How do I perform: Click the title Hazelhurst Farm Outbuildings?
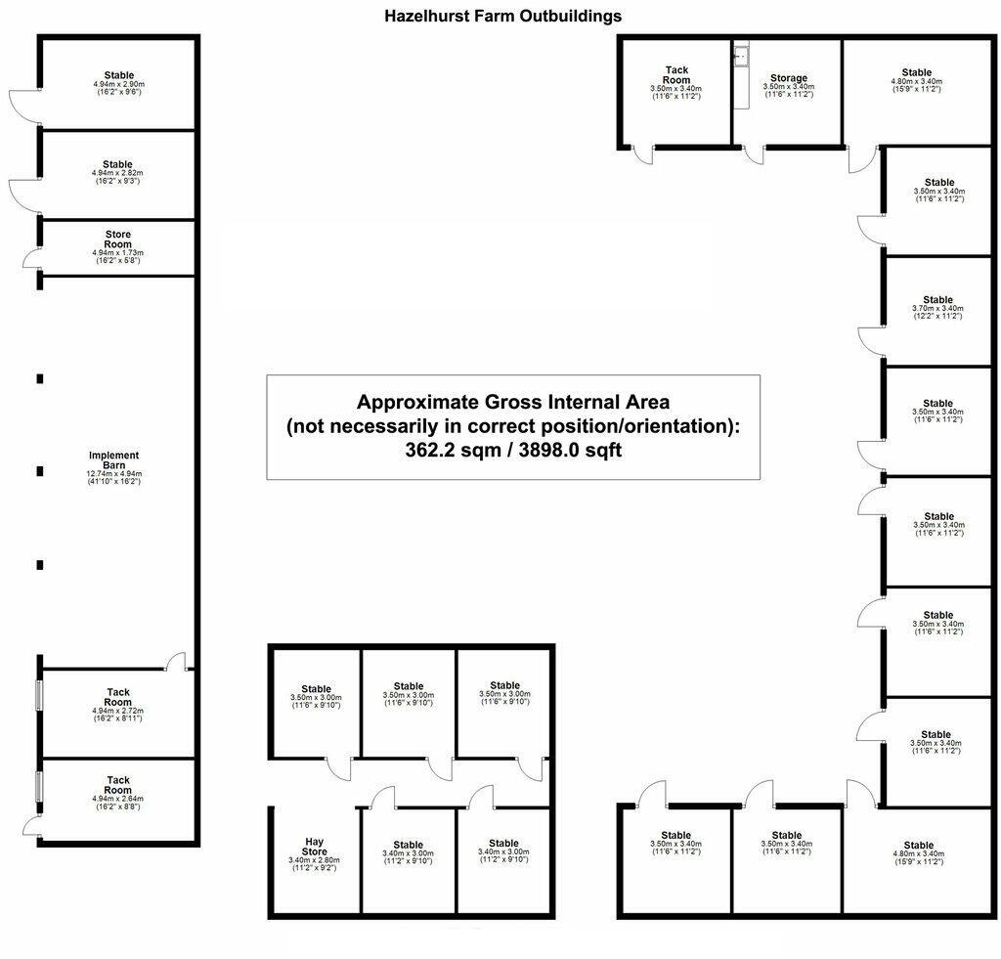coord(502,16)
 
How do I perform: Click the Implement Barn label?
coord(113,459)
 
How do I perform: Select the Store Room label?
coord(117,240)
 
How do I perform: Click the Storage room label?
coord(788,78)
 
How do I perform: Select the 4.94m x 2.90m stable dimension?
coord(117,85)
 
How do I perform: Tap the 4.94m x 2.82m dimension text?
coord(117,174)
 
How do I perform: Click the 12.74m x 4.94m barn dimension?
coord(113,474)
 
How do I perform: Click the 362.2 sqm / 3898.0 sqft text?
coord(513,451)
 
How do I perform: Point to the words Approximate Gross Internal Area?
coord(513,402)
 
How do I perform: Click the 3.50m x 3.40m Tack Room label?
coord(675,75)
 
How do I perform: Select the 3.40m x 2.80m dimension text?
coord(314,860)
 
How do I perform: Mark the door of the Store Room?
coord(32,258)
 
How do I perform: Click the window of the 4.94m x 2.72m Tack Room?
coord(39,695)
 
